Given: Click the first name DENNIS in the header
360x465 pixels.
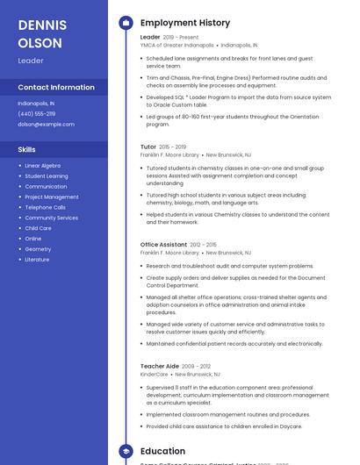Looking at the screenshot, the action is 40,25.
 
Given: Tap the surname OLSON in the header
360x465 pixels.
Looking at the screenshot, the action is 40,42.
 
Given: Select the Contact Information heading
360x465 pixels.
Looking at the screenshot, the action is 56,87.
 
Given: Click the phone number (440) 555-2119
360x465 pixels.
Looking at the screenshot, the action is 37,113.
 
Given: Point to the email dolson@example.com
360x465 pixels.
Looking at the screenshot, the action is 47,124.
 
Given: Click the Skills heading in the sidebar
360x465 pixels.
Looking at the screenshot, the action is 26,149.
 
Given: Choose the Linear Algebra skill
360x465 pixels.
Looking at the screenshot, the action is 43,165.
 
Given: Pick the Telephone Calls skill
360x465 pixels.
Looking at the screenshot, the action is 45,207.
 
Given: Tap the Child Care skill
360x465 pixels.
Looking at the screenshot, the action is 38,228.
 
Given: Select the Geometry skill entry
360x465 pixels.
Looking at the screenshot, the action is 38,249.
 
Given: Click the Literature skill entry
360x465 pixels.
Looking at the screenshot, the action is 37,260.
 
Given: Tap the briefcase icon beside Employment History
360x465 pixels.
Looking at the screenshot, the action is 126,23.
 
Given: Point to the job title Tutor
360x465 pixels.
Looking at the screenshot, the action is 148,147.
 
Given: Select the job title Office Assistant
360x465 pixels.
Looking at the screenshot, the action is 163,244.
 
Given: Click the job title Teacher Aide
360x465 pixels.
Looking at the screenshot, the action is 159,366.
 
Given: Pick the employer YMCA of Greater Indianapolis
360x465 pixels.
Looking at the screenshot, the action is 177,45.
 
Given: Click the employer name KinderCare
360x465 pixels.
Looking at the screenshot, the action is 154,374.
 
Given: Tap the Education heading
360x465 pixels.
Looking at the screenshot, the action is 162,451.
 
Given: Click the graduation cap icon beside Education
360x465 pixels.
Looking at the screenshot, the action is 126,451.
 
